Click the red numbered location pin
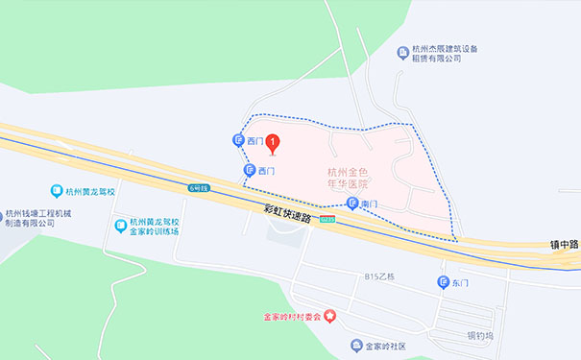click(272, 145)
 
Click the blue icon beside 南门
click(352, 204)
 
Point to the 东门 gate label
click(460, 282)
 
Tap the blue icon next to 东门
click(443, 282)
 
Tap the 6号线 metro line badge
click(199, 187)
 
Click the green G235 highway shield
click(328, 220)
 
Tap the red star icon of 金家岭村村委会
click(331, 316)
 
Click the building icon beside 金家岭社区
click(357, 345)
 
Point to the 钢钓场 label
click(479, 336)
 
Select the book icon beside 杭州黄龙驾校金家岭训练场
click(120, 227)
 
